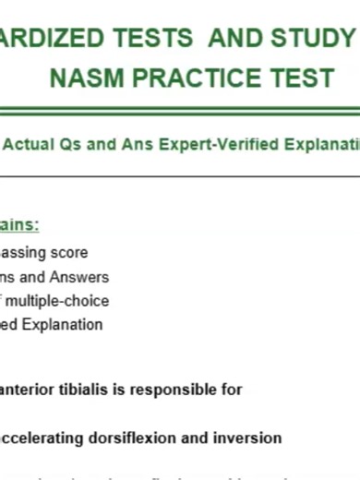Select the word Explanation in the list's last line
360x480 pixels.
point(65,324)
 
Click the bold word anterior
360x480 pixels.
point(29,390)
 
